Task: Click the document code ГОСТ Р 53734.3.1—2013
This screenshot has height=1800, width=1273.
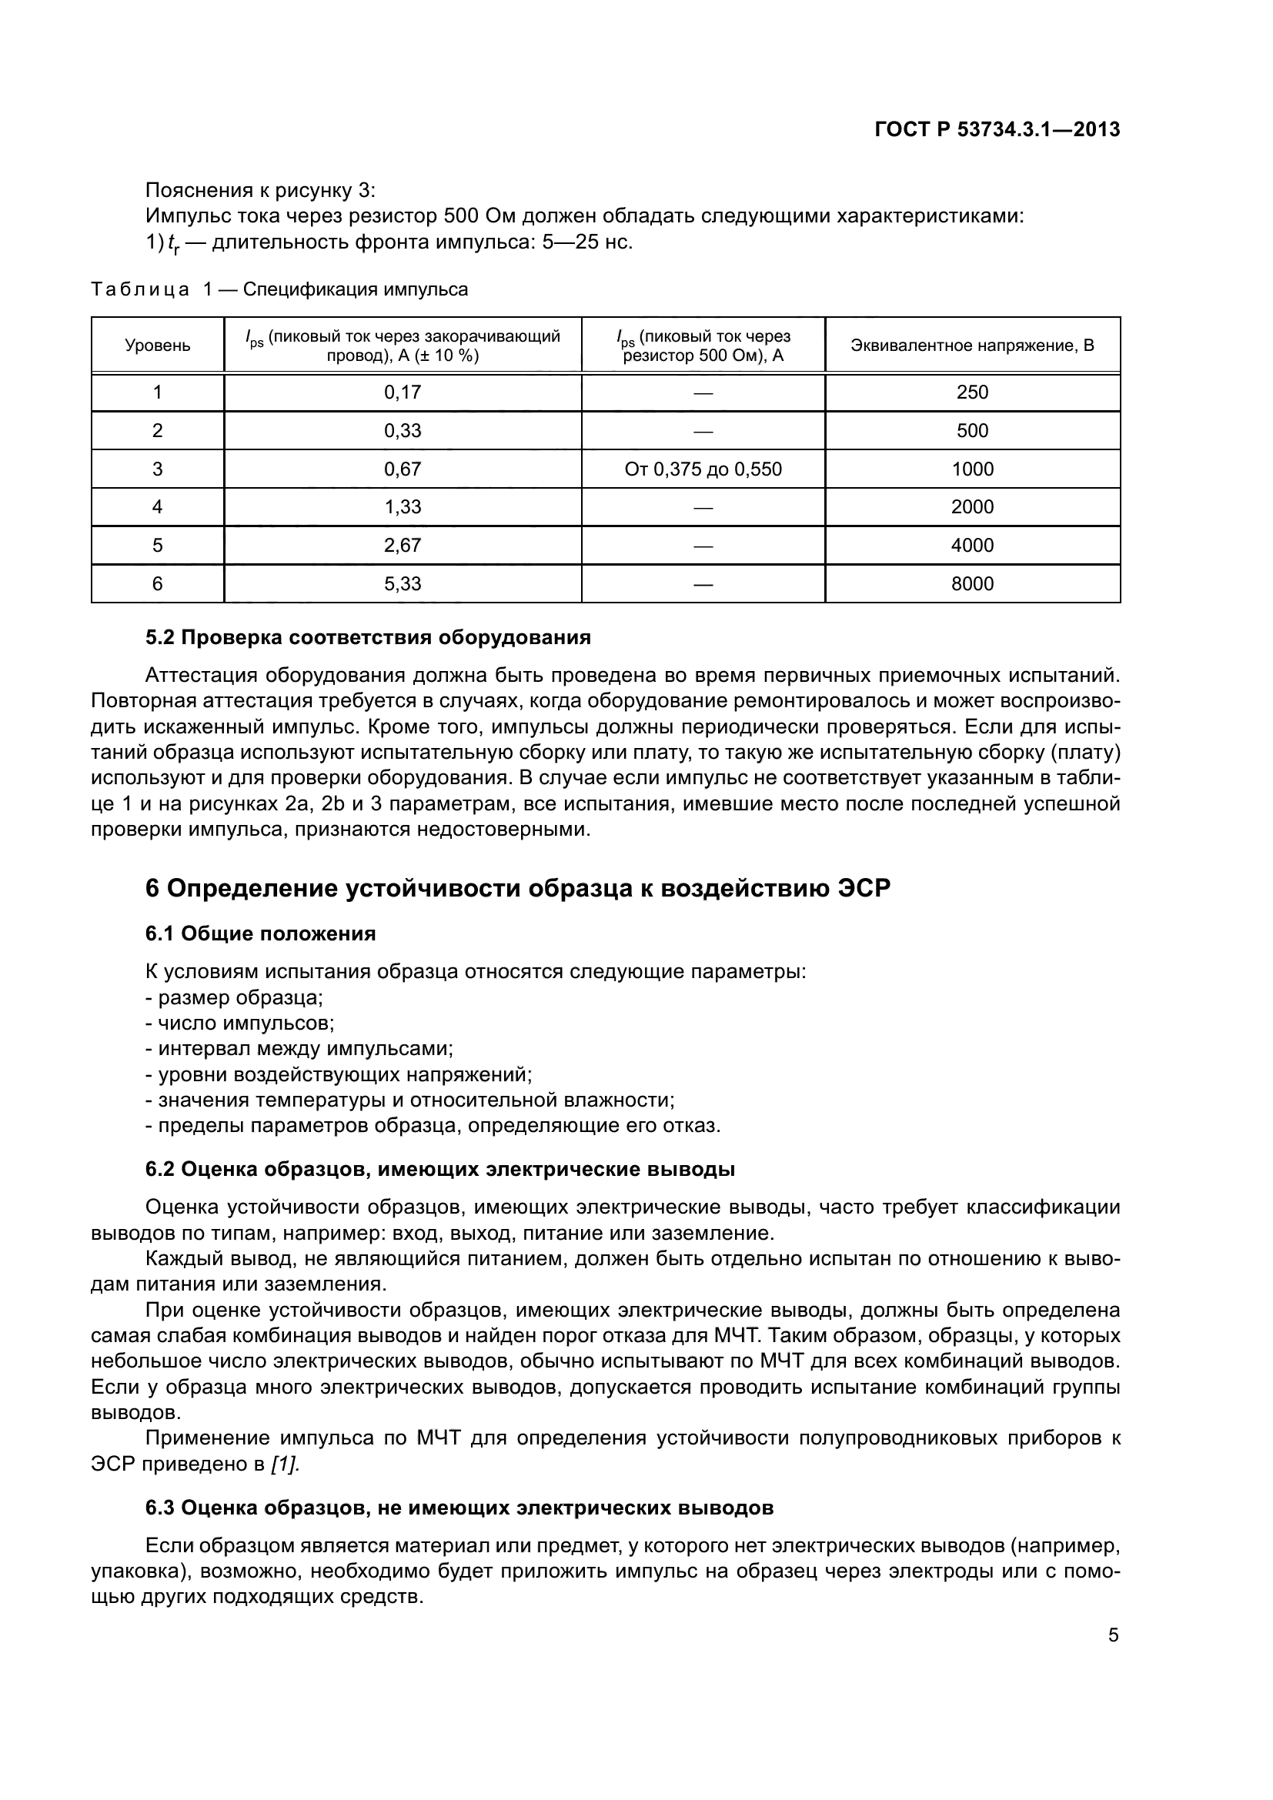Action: coord(997,130)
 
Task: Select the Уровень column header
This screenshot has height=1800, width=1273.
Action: coord(158,346)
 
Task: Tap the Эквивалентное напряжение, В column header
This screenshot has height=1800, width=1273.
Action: coord(972,346)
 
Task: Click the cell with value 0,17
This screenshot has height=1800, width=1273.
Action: coord(402,392)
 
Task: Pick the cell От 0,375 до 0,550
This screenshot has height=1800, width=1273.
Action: coord(703,469)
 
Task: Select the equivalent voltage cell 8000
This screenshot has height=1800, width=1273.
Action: coord(972,583)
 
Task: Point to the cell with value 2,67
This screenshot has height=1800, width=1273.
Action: coord(402,545)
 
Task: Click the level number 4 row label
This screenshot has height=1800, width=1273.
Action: coord(158,506)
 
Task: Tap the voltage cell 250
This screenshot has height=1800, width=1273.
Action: coord(972,392)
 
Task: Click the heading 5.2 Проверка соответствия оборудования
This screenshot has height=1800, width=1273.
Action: coord(368,637)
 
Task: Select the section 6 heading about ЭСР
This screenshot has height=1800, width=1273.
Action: coord(518,888)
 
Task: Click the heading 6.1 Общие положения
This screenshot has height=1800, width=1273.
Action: coord(260,933)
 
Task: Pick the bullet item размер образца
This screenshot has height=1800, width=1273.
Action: coord(236,998)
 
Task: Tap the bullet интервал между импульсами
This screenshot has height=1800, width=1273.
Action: coord(299,1049)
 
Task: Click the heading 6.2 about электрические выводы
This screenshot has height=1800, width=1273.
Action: coord(439,1170)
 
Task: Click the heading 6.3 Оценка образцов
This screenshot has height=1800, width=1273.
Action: coord(459,1508)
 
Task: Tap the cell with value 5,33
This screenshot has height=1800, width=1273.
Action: coord(402,583)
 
